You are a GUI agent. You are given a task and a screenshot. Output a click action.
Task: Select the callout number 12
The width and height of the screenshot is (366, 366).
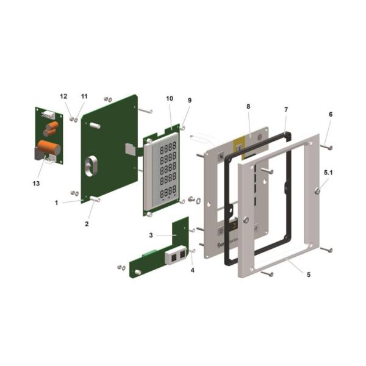63,96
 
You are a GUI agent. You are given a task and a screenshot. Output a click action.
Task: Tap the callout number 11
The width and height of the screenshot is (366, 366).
84,96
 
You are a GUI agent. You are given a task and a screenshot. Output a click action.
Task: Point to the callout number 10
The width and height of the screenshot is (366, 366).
170,98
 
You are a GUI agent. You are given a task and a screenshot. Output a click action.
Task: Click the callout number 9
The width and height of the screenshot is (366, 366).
190,100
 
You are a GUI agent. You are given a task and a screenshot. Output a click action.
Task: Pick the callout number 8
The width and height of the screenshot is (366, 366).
248,107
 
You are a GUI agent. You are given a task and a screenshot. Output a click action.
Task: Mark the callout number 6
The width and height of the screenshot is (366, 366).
331,114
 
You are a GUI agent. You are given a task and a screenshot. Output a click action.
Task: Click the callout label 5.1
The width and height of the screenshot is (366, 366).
328,173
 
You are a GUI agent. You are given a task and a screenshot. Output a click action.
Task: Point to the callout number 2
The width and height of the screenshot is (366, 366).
87,224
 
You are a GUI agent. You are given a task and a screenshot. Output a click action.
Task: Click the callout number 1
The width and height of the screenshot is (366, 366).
56,203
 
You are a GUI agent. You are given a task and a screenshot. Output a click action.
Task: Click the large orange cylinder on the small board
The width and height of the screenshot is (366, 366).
49,148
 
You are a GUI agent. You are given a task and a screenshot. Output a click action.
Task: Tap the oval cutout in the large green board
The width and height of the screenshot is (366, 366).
95,167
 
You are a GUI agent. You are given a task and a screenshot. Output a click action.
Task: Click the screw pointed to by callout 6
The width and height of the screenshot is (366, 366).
328,146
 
